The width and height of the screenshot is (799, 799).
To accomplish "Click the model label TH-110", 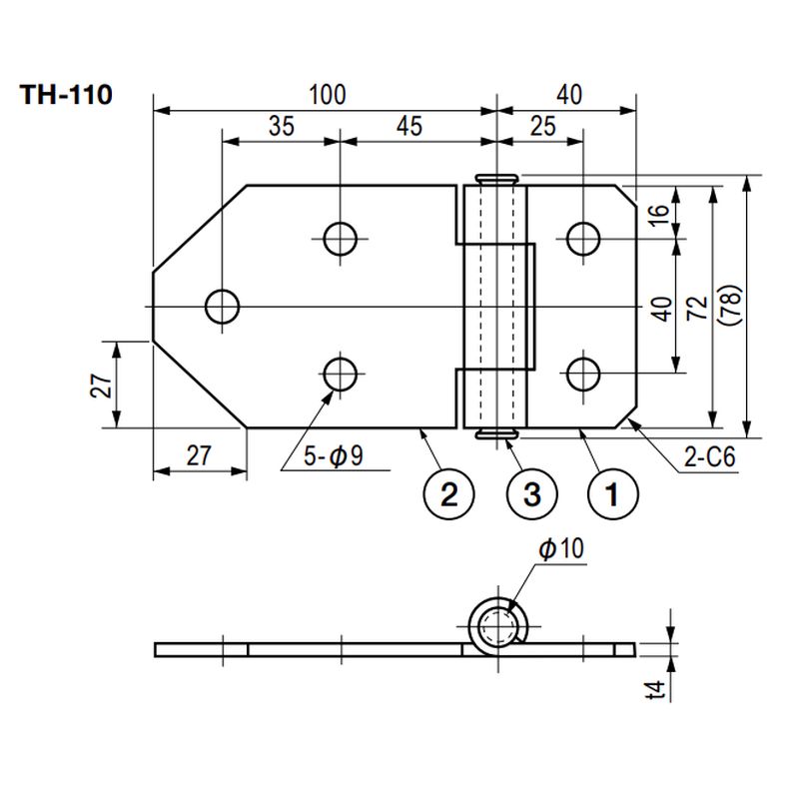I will click(66, 96).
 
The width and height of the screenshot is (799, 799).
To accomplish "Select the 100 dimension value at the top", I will click(327, 96).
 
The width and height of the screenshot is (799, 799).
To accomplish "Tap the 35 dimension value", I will click(281, 127).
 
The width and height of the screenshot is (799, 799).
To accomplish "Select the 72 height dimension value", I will click(696, 306).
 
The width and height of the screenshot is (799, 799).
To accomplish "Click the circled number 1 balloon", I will click(612, 493).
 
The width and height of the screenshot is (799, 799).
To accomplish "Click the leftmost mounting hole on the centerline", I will click(222, 306).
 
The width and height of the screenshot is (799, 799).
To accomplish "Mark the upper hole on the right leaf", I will click(582, 238).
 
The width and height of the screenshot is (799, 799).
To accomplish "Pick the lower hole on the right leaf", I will click(582, 374).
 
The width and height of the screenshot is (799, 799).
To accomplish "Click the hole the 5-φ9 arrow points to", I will click(341, 374).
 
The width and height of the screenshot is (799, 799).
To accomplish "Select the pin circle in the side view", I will click(496, 627).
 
